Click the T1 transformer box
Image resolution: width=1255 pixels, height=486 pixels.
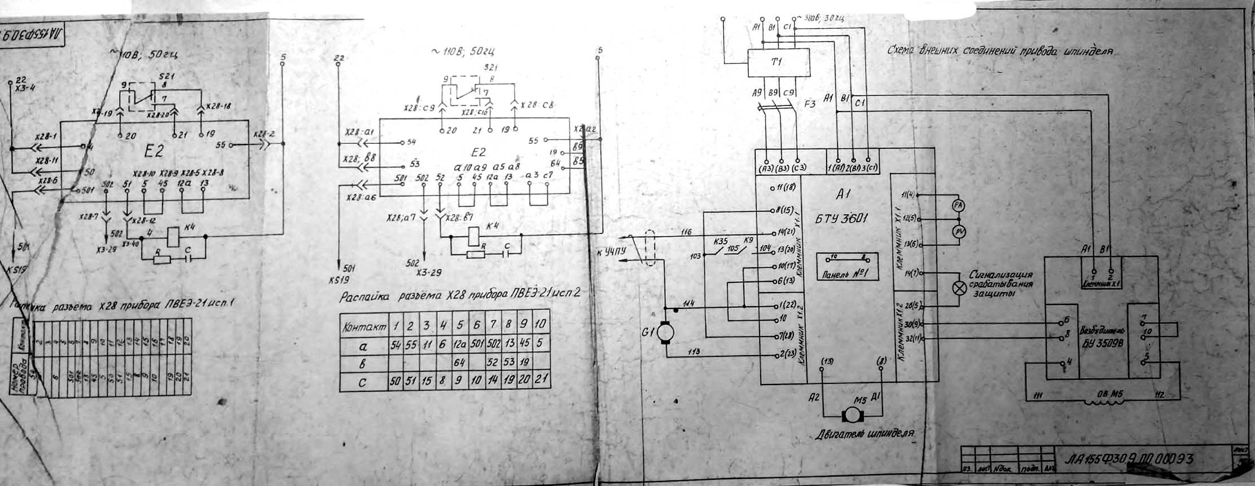coord(778,62)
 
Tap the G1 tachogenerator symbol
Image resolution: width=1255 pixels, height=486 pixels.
coord(665,333)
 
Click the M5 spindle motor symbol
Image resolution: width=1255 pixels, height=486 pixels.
coord(850,415)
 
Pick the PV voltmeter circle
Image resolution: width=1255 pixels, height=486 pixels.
coord(958,231)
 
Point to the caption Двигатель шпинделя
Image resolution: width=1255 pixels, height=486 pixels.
coord(865,435)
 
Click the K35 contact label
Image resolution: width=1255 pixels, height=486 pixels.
coord(721,241)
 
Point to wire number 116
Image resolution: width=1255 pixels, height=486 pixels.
coord(686,231)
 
